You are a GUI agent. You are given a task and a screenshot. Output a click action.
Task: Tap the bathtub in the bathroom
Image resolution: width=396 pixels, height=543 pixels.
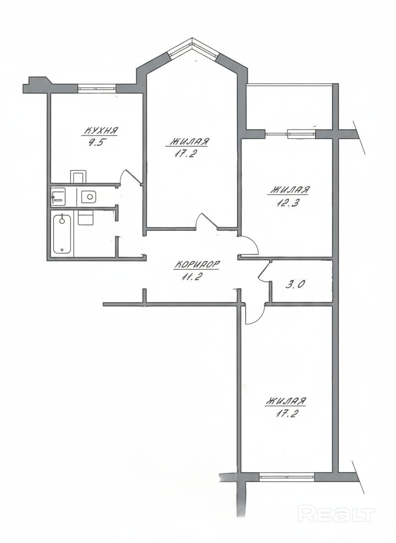coord(63,233)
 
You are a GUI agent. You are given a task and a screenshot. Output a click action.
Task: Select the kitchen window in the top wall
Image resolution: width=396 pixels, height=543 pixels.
coord(97,88)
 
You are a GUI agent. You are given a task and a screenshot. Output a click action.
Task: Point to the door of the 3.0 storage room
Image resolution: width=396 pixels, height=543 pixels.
coord(264,271)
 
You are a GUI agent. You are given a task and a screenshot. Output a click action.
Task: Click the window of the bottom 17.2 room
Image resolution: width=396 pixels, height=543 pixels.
coord(286,477)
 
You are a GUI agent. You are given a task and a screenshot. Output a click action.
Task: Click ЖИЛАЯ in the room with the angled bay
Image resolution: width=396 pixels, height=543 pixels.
coord(190,142)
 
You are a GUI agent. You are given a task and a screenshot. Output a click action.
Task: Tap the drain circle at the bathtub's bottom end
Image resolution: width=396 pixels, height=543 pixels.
coord(62,249)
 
